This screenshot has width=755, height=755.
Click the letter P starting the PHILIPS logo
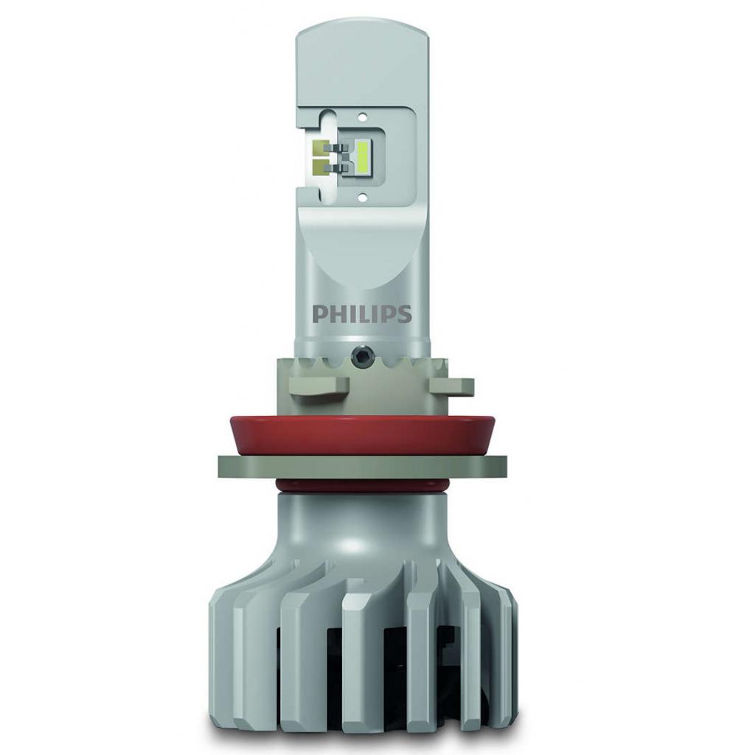pos(319,313)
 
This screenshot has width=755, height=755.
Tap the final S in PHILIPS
pos(405,313)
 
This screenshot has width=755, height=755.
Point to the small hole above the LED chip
pos(363,116)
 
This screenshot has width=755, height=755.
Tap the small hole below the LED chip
pos(363,196)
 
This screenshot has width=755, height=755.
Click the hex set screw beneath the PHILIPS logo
pos(359,355)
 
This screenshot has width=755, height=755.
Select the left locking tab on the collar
pos(319,386)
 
